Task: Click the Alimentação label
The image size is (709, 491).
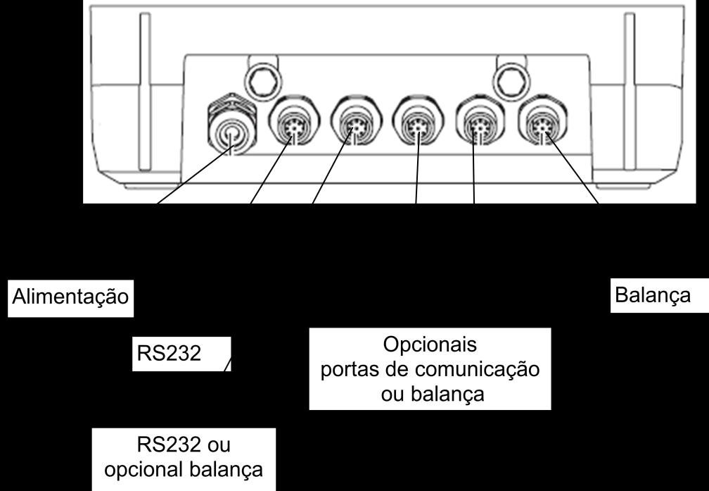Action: click(70, 297)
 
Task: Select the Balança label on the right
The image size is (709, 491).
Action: click(653, 296)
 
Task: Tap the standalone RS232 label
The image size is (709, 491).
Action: click(169, 354)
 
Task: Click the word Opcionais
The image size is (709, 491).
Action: click(430, 344)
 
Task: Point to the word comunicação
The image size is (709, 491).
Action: click(477, 370)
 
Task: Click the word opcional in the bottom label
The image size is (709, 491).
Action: click(143, 470)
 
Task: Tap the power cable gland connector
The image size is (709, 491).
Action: click(231, 125)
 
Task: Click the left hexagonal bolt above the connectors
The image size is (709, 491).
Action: click(263, 80)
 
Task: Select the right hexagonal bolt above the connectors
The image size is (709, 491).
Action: click(511, 80)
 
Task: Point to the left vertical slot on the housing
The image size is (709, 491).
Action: click(145, 92)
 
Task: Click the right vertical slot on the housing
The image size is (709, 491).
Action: click(630, 92)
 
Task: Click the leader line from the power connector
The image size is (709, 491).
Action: click(196, 175)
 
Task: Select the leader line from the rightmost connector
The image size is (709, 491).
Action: click(573, 168)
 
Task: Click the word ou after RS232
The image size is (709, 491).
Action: click(219, 445)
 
